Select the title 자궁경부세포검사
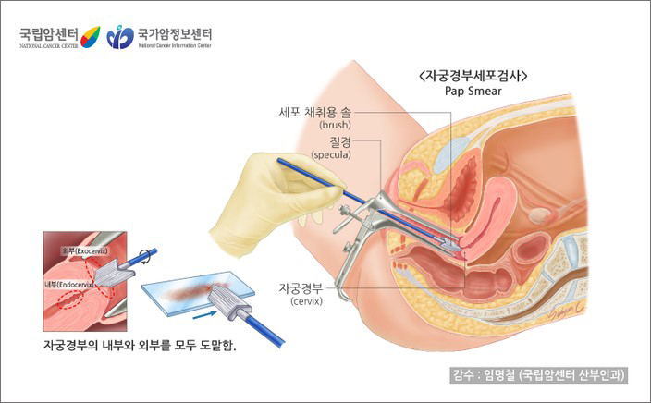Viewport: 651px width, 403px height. pyautogui.click(x=478, y=77)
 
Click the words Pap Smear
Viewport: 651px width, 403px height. pyautogui.click(x=478, y=92)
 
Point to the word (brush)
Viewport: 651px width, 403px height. pyautogui.click(x=334, y=125)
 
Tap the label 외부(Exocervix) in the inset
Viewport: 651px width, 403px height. pyautogui.click(x=85, y=251)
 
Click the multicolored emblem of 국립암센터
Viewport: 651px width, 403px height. pyautogui.click(x=90, y=37)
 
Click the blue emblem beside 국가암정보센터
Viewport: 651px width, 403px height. pyautogui.click(x=119, y=38)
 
